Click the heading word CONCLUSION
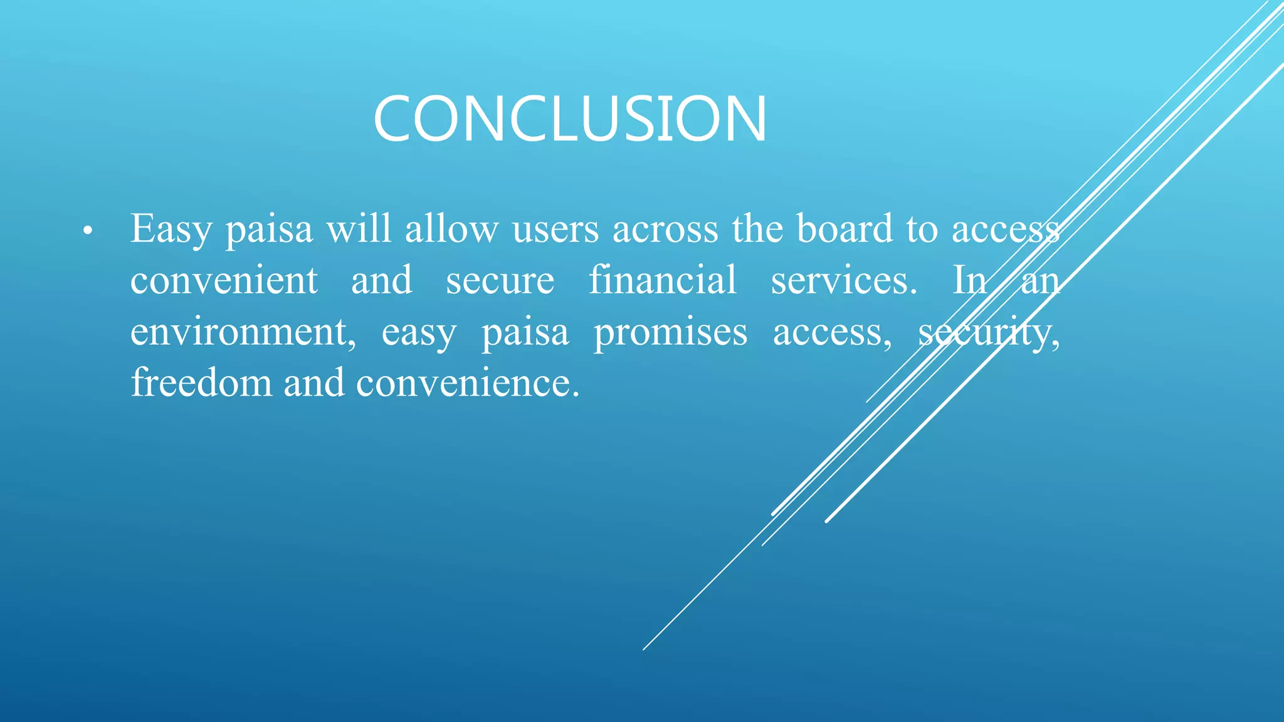(569, 118)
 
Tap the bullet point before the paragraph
(88, 232)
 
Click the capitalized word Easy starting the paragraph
(171, 229)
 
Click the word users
(555, 229)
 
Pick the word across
(665, 229)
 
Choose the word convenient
(224, 280)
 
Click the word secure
(500, 281)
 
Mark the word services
(843, 280)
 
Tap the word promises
(670, 333)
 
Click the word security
(989, 333)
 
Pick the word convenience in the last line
(468, 384)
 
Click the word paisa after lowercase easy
(525, 333)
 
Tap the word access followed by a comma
(831, 333)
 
